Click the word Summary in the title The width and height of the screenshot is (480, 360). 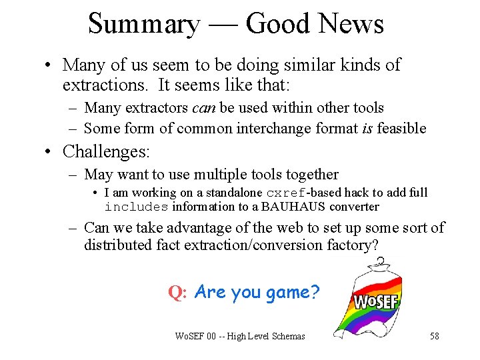[143, 24]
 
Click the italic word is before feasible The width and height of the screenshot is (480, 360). [367, 128]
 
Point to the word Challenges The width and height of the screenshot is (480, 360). [106, 151]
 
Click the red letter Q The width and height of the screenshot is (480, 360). [176, 293]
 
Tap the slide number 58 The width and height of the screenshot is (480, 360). [435, 336]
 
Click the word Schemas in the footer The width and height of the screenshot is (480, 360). [289, 336]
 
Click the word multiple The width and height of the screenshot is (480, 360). [220, 175]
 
